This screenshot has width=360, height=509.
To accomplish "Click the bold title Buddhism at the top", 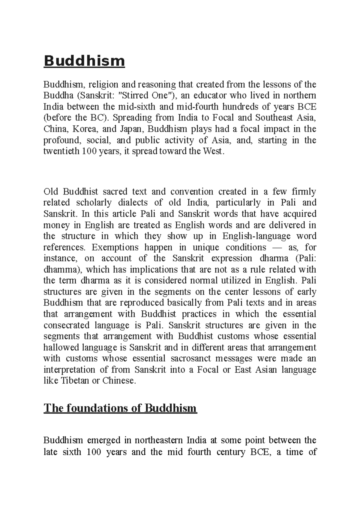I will click(x=84, y=61).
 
